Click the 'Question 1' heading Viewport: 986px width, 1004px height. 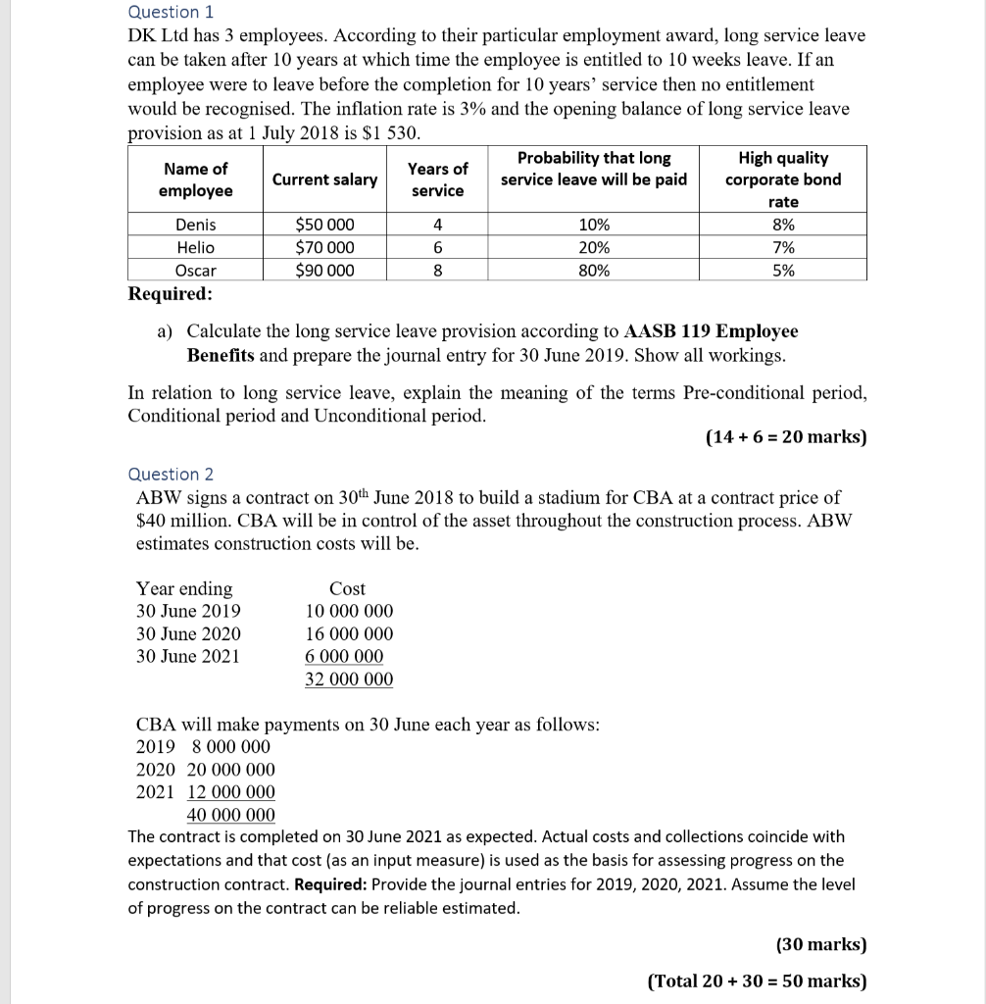click(x=172, y=12)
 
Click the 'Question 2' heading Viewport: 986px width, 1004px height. click(x=172, y=475)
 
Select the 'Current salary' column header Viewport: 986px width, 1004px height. click(x=324, y=179)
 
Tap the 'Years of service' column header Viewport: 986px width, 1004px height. click(x=438, y=179)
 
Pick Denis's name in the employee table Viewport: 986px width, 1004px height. click(x=195, y=225)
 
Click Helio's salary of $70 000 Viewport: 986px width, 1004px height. click(x=324, y=248)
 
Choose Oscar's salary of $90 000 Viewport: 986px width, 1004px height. click(x=324, y=271)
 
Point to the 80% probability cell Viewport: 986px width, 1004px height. click(x=594, y=271)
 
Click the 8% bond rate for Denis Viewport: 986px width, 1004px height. click(x=783, y=225)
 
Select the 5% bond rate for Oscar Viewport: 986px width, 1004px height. click(x=783, y=271)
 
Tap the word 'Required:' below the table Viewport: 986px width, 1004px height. click(x=170, y=294)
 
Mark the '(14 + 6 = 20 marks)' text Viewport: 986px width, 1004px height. click(x=786, y=437)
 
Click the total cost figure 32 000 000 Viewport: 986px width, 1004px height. click(x=349, y=679)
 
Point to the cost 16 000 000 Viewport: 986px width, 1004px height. click(x=349, y=634)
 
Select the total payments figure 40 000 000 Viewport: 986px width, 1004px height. click(x=231, y=815)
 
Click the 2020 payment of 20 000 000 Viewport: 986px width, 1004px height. click(x=231, y=770)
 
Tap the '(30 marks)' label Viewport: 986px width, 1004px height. click(x=821, y=945)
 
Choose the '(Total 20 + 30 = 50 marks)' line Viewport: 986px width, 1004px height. click(x=757, y=980)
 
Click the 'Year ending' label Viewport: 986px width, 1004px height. click(x=184, y=588)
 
